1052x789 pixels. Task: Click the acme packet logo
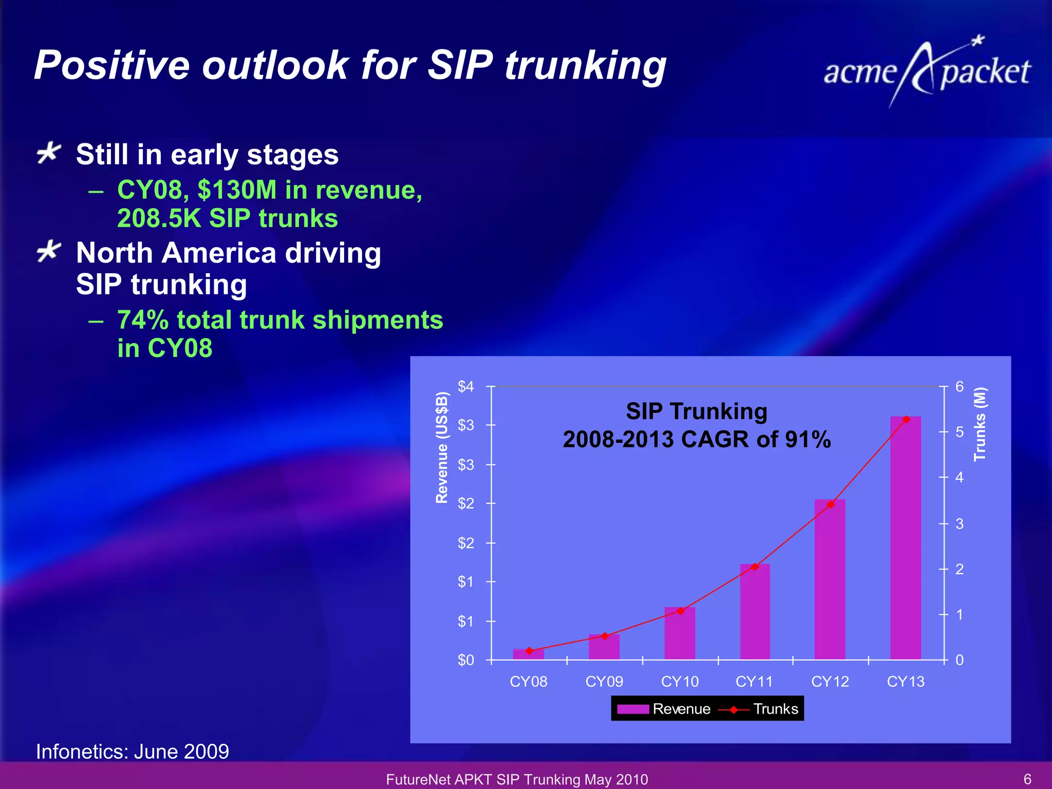tap(927, 72)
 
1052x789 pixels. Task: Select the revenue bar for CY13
tap(906, 539)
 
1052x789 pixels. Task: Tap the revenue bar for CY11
tap(755, 614)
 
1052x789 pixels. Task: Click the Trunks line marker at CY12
tap(831, 504)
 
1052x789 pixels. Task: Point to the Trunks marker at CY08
tap(529, 651)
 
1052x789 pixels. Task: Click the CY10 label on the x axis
tap(680, 682)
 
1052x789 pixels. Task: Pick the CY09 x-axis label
tap(604, 682)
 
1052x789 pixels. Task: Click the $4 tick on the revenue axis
tap(466, 386)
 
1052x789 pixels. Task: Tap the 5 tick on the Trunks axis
tap(959, 432)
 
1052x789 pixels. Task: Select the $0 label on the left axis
tap(466, 660)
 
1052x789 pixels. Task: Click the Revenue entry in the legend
tap(664, 709)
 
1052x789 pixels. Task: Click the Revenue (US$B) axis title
tap(442, 447)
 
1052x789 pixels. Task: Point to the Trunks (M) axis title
tap(980, 424)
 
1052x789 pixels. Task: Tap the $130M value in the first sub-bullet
tap(237, 190)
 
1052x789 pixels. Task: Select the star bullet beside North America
tap(49, 252)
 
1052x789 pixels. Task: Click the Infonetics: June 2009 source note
tap(133, 752)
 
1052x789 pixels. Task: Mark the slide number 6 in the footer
tap(1027, 779)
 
